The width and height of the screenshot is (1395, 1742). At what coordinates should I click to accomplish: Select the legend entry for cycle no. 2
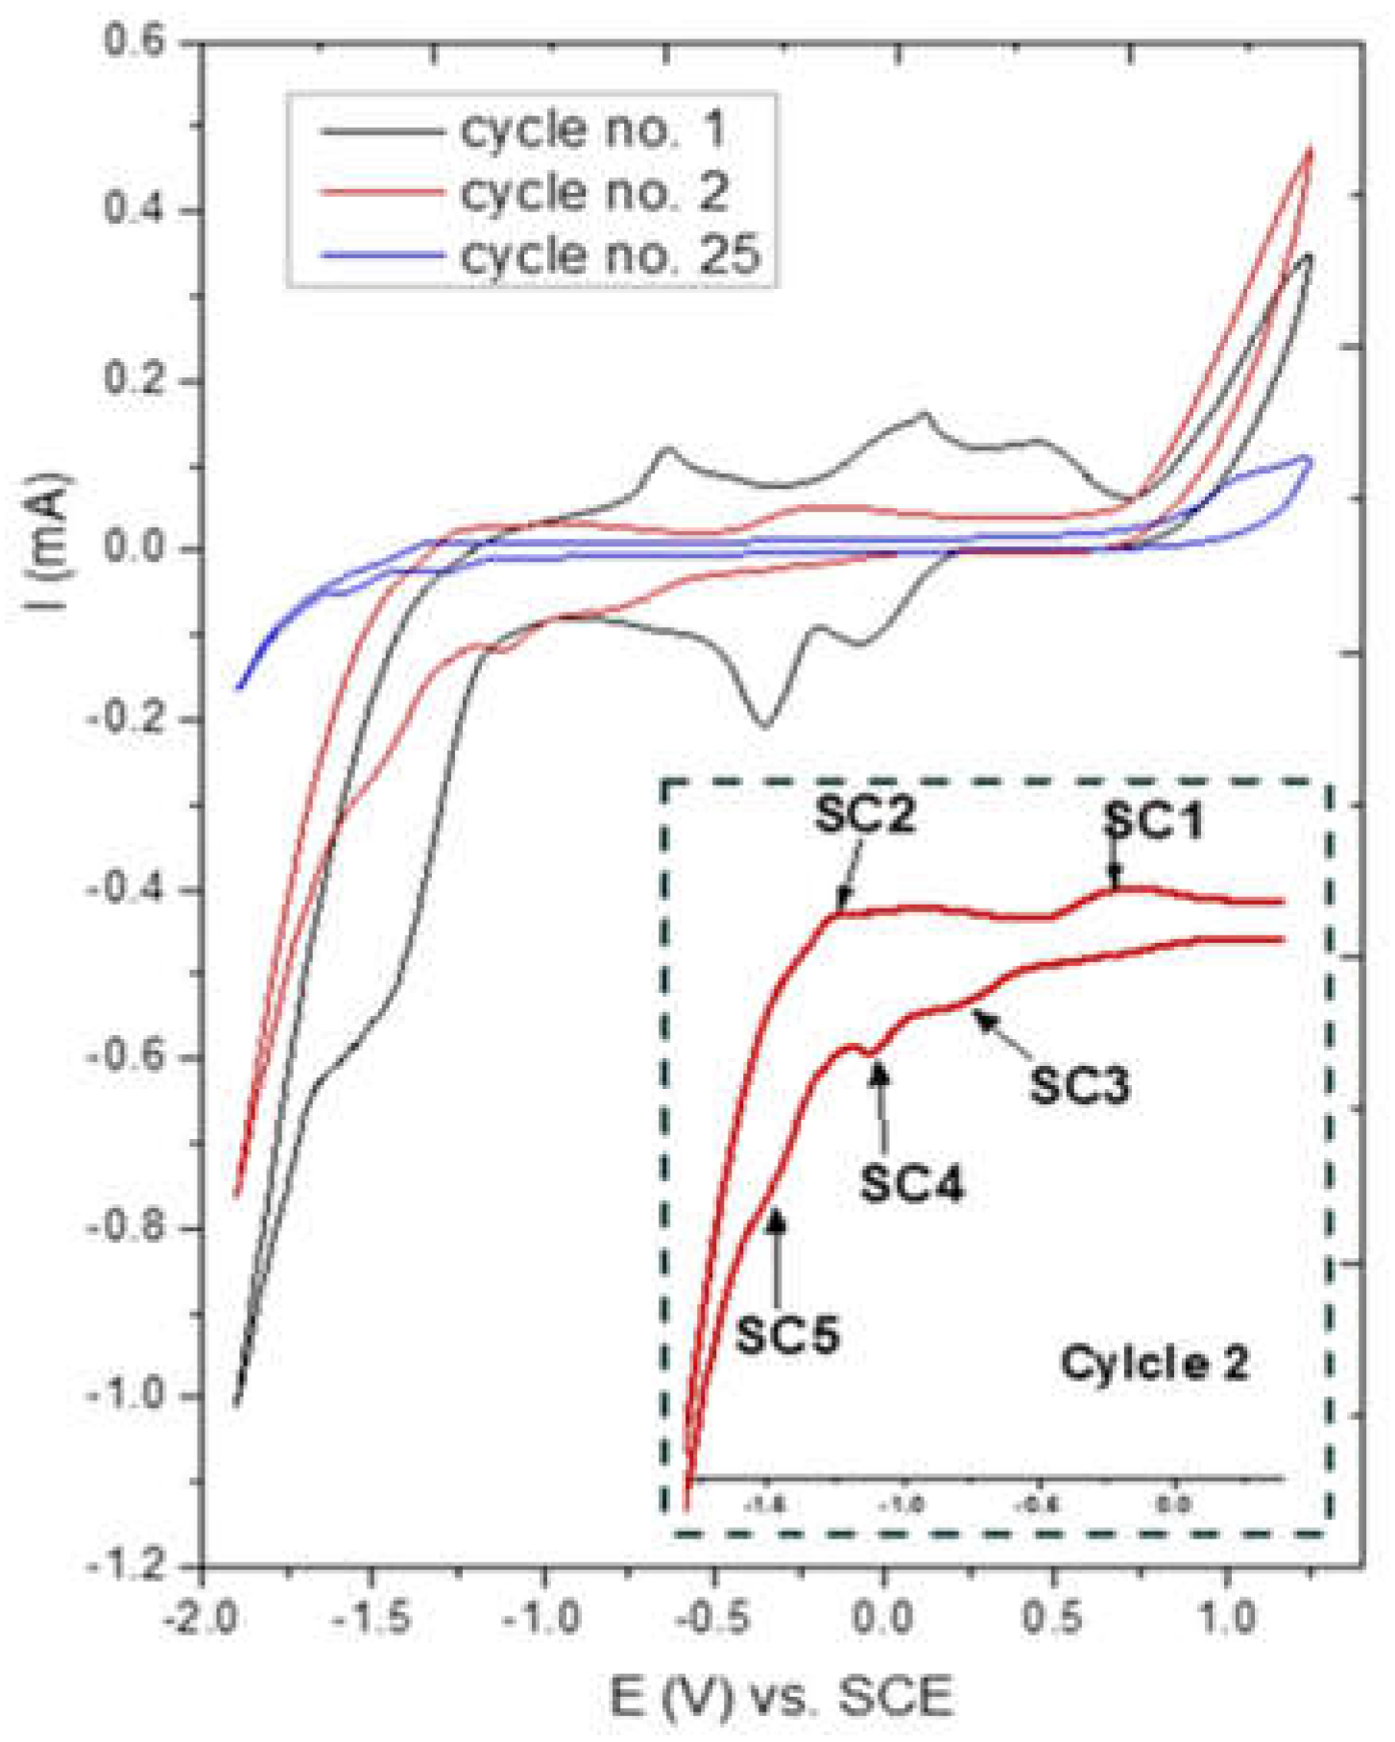pyautogui.click(x=592, y=192)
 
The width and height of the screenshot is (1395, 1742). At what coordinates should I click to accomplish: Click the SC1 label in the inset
pyautogui.click(x=1152, y=822)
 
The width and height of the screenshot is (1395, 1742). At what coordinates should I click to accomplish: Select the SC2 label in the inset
pyautogui.click(x=864, y=815)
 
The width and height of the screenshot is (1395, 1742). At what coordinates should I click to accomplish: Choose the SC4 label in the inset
pyautogui.click(x=910, y=1182)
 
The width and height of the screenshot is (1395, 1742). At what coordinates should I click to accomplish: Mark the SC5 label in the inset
pyautogui.click(x=787, y=1334)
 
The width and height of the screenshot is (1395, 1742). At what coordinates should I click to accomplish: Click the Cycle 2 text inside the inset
pyautogui.click(x=1154, y=1362)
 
